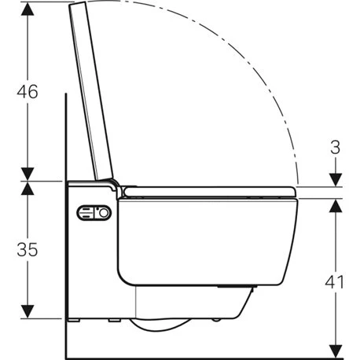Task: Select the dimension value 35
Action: tap(28, 250)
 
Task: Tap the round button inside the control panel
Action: tap(101, 213)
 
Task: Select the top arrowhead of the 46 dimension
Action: tap(28, 9)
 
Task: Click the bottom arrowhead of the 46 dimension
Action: tap(28, 174)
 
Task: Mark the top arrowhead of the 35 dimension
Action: tap(28, 188)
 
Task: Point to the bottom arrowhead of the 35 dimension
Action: tap(28, 314)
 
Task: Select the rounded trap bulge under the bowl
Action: tap(165, 327)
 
